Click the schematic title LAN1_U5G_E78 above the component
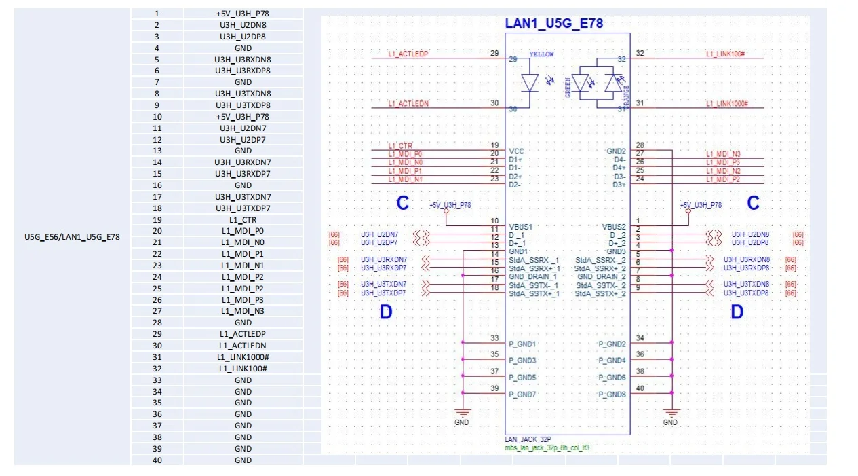coord(554,24)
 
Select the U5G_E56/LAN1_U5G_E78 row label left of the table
coord(72,237)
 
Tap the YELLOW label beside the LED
coord(541,54)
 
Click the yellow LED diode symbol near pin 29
coord(529,82)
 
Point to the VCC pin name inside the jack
coord(515,151)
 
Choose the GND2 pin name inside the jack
coord(616,151)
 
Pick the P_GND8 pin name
coord(612,395)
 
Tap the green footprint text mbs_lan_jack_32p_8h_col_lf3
coord(547,448)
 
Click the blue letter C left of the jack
coord(403,203)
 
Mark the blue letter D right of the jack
coord(737,312)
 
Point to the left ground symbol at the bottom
coord(462,414)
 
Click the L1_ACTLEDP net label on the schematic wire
coord(408,54)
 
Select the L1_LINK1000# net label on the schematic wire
coord(726,103)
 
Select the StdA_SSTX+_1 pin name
coord(534,293)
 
